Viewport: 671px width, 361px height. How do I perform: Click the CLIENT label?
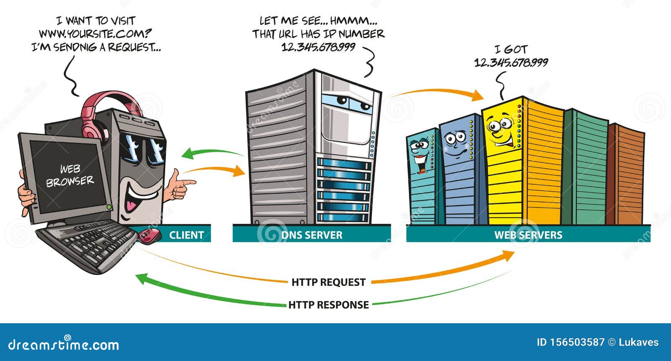186,235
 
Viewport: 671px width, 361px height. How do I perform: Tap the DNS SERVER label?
312,235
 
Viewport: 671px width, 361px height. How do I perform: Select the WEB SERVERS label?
528,235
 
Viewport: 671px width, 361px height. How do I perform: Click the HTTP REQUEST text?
328,282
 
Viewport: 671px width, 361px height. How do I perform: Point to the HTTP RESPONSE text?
328,305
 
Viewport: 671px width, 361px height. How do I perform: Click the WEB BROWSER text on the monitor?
70,176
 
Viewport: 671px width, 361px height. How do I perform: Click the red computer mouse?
150,236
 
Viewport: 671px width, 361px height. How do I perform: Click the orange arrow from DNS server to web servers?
436,93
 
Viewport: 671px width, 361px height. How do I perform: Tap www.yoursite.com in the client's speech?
95,34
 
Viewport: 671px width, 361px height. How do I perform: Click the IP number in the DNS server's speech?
318,47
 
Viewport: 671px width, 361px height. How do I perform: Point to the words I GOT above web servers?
510,49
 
